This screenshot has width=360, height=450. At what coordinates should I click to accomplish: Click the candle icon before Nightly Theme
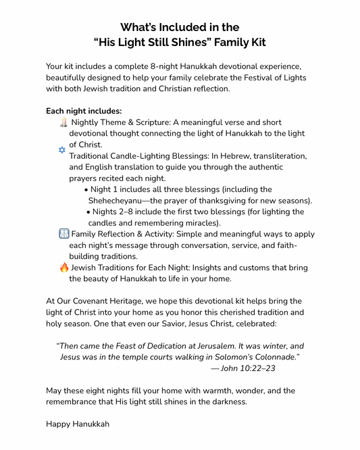tap(63, 122)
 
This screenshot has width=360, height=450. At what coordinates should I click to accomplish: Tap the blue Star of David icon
tap(62, 150)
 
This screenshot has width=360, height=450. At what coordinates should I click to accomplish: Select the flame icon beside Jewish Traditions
tap(64, 268)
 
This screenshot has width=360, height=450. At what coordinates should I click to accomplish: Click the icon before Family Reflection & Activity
tap(63, 234)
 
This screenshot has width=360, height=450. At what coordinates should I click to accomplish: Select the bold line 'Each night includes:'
tap(84, 111)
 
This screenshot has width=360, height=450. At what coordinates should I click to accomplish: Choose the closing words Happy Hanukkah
tap(78, 424)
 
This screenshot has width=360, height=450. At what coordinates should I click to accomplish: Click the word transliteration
tap(276, 155)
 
